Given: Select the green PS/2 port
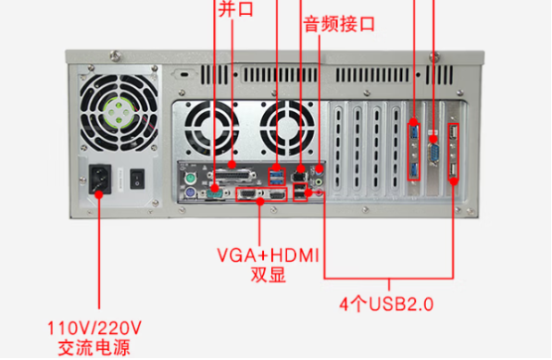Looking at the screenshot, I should tap(187, 174).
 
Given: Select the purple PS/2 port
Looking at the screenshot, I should tap(187, 192).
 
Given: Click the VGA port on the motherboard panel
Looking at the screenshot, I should tap(247, 194).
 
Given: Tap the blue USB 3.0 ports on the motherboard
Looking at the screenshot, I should tap(277, 174).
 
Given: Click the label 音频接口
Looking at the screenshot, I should tap(339, 25).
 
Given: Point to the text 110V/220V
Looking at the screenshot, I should tap(94, 329).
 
